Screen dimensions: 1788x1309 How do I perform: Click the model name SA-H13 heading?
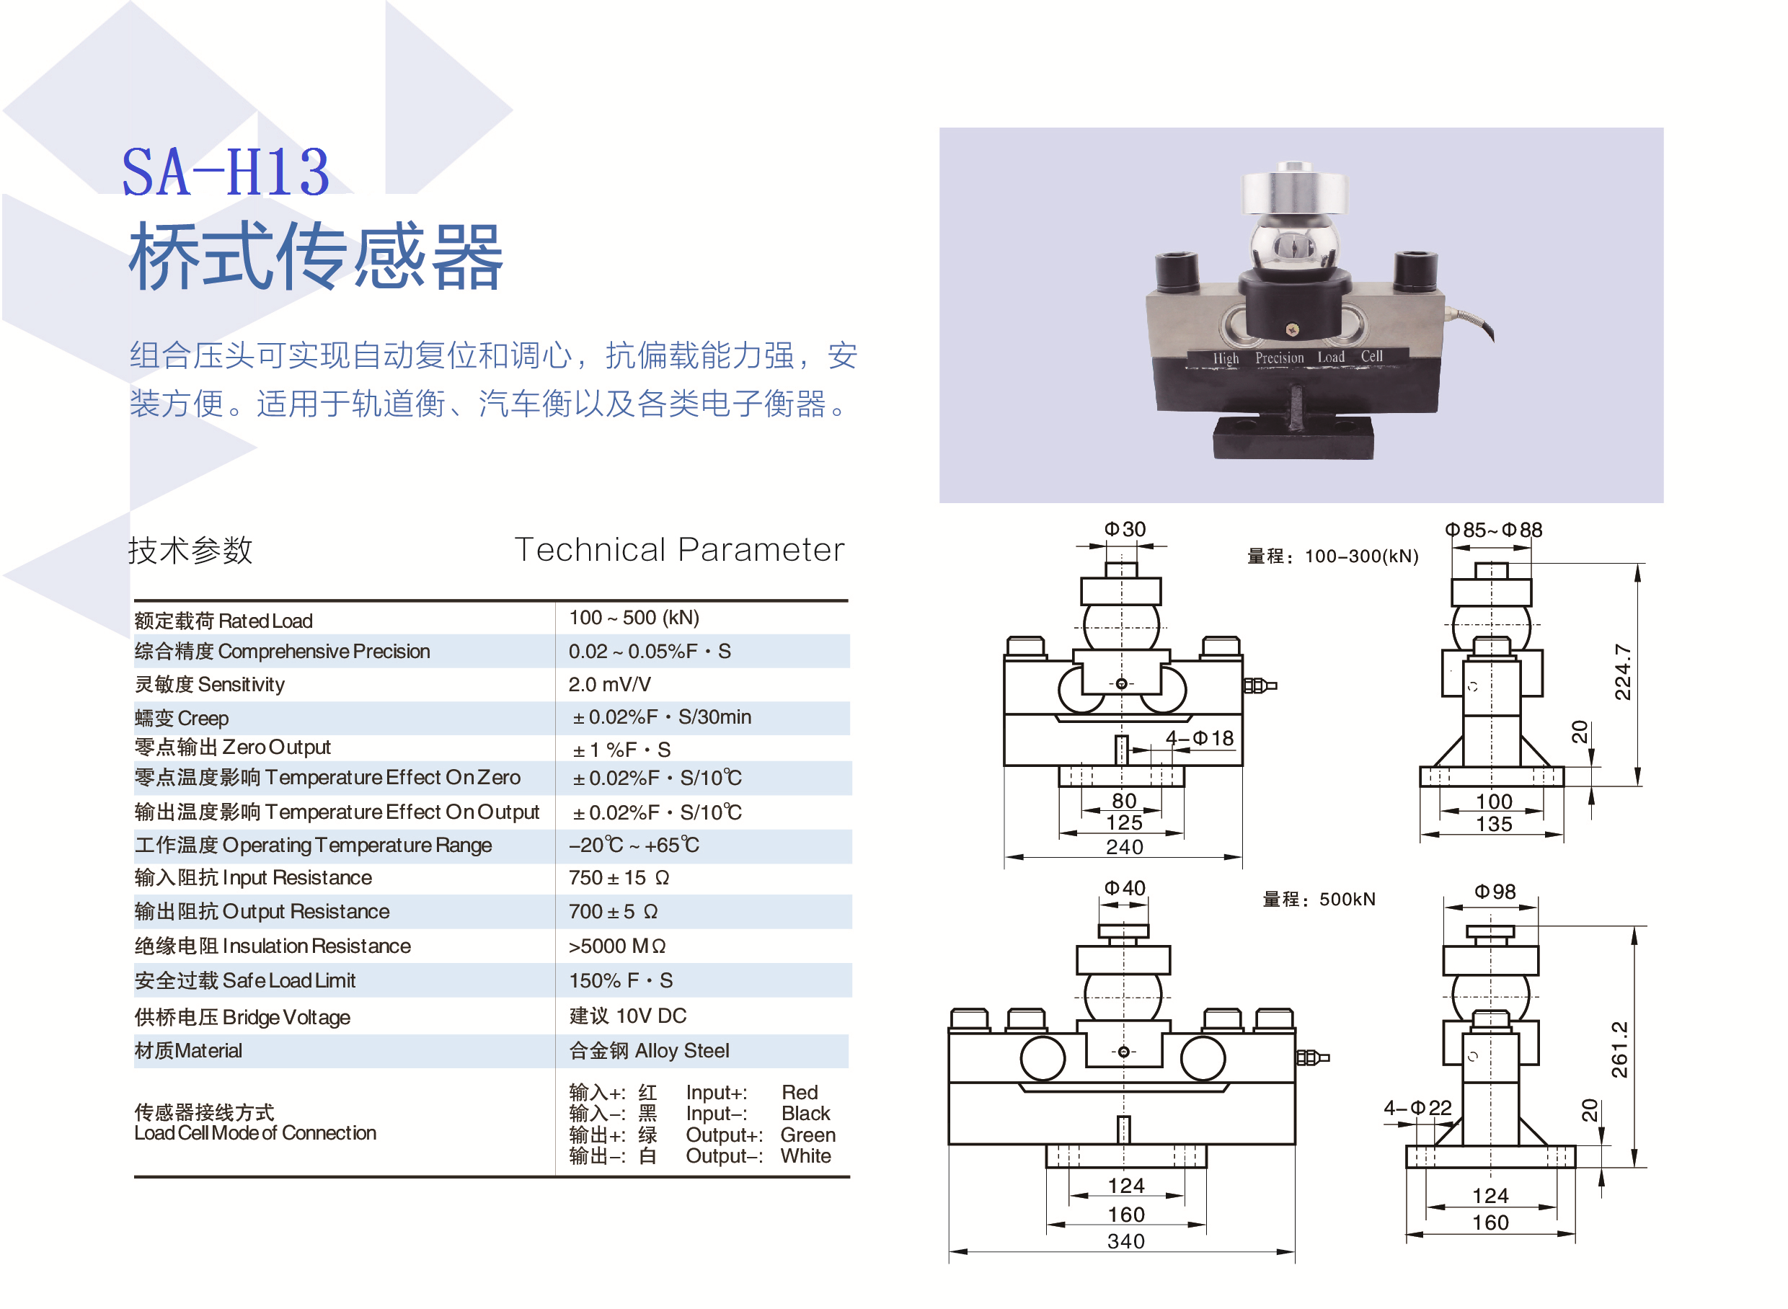point(225,172)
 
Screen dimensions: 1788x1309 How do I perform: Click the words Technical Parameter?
point(678,549)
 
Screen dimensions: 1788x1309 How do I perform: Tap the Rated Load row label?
point(223,621)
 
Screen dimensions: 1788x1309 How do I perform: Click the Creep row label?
point(182,718)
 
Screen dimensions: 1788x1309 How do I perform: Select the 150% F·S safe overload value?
point(621,980)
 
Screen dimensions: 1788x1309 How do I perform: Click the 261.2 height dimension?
point(1619,1048)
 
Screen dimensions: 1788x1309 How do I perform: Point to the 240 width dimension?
point(1125,846)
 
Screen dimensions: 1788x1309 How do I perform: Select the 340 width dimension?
point(1125,1240)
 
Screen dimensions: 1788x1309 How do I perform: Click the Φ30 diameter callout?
point(1125,528)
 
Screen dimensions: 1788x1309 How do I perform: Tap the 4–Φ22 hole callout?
point(1417,1107)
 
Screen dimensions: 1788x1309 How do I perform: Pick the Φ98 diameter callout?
point(1494,892)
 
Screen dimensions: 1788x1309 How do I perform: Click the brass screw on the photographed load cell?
point(1292,329)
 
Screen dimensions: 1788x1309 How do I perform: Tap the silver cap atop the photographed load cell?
point(1294,191)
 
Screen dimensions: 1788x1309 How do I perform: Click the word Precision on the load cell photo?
point(1279,358)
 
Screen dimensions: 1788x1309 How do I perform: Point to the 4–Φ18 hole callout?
point(1199,737)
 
